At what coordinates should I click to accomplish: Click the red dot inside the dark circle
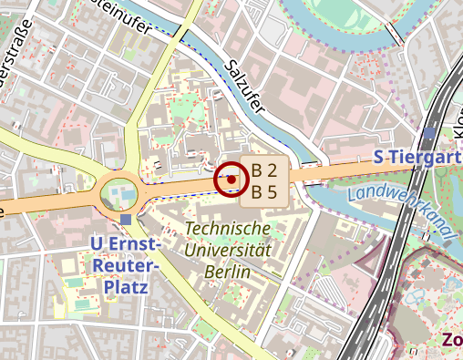231,180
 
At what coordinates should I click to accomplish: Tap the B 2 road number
263,170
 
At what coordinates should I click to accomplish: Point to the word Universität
228,249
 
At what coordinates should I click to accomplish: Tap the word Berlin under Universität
228,271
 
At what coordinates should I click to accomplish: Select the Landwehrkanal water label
401,208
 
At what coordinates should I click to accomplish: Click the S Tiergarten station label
417,158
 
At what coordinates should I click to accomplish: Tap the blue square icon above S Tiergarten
429,133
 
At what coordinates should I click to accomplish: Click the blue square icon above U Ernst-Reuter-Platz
125,220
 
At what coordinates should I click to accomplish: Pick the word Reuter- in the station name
126,265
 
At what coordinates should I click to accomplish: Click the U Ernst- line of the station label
126,244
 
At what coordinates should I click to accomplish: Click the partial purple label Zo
451,340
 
